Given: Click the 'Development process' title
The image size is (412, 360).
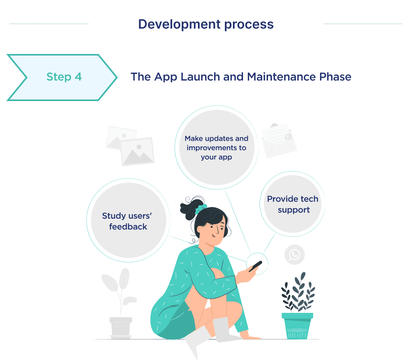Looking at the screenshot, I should click(x=206, y=24).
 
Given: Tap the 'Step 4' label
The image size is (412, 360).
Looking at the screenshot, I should click(x=64, y=77).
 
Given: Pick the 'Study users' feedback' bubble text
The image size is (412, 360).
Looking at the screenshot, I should click(x=126, y=221).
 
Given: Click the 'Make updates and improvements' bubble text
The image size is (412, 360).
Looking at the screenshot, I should click(x=216, y=147).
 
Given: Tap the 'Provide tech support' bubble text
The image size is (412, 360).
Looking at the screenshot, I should click(x=293, y=204).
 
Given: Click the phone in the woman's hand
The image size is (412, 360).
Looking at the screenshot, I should click(x=255, y=266).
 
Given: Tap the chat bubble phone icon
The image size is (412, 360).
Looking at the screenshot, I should click(x=295, y=254).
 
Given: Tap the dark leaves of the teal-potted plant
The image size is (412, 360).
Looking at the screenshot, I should click(x=298, y=292).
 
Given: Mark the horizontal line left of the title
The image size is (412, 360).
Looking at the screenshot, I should click(x=49, y=24).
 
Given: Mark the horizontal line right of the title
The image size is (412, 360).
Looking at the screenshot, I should click(x=363, y=24).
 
